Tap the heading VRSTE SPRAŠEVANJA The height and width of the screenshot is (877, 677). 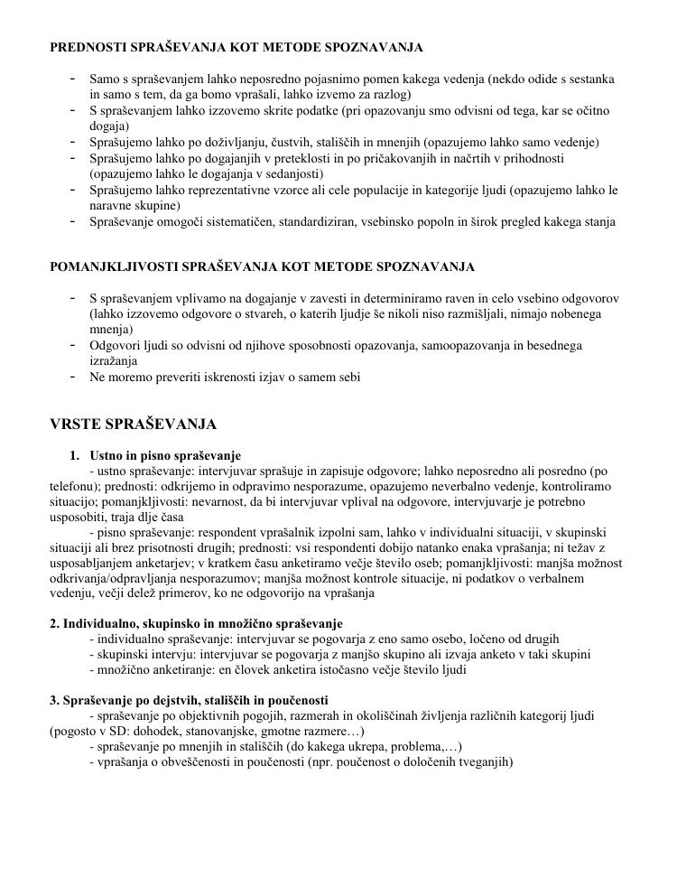[133, 424]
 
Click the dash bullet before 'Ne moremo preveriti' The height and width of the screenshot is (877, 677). [71, 377]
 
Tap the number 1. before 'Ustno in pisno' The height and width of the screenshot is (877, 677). [74, 455]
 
